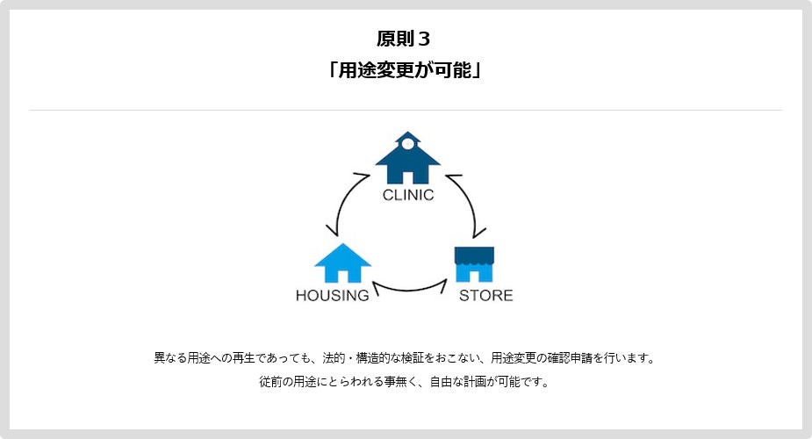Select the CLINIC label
tap(407, 195)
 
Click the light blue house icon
tap(342, 263)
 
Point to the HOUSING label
tap(332, 295)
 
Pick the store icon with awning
tap(474, 264)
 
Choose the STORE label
tap(485, 295)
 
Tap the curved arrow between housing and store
tap(409, 286)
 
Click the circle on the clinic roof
tap(407, 144)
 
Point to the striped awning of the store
tap(474, 255)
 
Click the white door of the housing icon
tap(343, 276)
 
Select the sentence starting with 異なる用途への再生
tap(405, 358)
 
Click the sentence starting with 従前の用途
tap(405, 383)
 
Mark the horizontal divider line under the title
tap(405, 111)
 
